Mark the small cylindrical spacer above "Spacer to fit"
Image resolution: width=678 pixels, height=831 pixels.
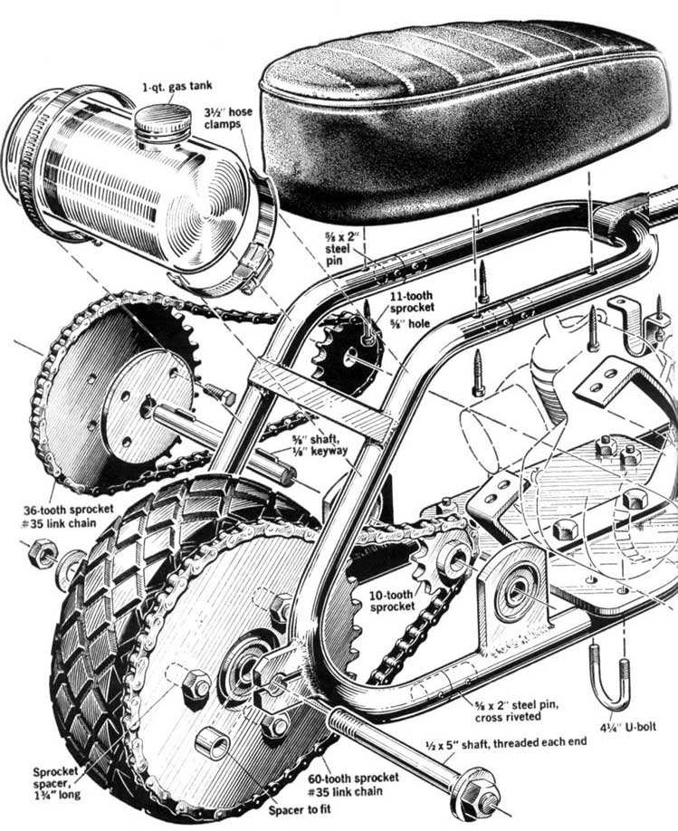215,744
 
